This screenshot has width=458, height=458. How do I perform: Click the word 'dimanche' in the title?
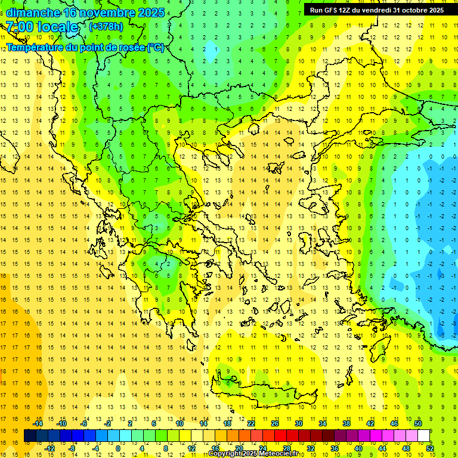coord(33,13)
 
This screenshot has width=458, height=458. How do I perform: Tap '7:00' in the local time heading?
coord(19,27)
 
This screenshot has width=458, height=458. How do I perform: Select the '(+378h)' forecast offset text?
coord(106,27)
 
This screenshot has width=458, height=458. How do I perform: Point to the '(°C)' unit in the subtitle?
coord(155,47)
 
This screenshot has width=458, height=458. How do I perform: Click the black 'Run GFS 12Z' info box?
coord(376,10)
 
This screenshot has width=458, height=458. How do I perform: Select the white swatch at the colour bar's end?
coord(424,436)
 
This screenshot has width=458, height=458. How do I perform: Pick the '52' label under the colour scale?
coord(430,448)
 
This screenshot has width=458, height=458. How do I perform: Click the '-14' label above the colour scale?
coord(38,423)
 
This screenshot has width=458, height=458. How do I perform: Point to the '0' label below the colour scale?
coord(118,448)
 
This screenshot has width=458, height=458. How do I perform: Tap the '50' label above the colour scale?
coord(418,423)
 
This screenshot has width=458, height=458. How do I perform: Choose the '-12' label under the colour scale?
coord(50,448)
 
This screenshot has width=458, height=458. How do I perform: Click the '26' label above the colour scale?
coord(275,423)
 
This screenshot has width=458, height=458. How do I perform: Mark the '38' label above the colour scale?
coord(346,423)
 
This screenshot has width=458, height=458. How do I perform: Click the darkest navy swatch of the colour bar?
coord(30,436)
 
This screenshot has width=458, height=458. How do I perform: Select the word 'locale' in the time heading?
coord(58,27)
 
